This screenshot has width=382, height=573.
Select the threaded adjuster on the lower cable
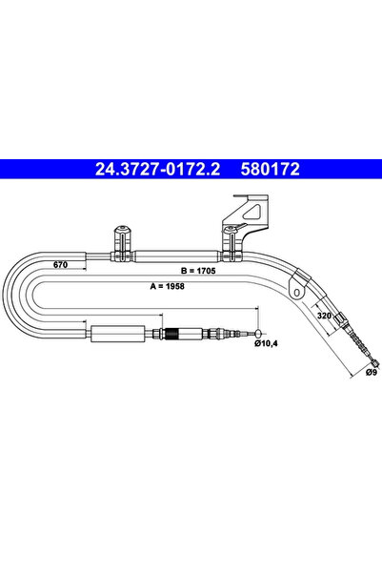click(172, 335)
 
